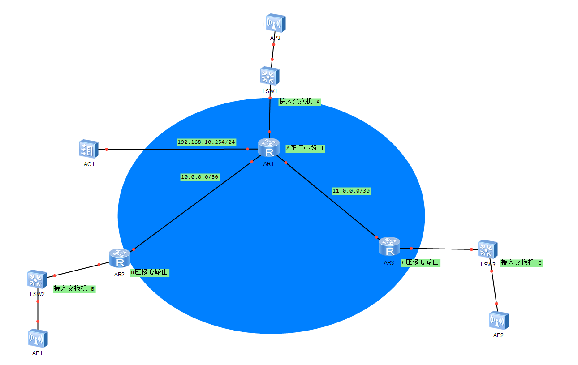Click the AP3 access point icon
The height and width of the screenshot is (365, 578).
tap(276, 23)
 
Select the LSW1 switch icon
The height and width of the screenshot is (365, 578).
tap(270, 76)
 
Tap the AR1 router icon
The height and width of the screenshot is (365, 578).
tap(269, 147)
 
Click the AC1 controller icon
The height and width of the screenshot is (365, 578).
tap(89, 149)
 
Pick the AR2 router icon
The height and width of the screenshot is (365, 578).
tap(120, 258)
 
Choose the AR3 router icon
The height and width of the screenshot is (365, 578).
tap(389, 246)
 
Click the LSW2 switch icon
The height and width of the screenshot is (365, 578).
tap(37, 279)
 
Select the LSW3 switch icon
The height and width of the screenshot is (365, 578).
tap(487, 249)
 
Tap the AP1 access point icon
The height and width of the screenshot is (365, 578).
tap(38, 339)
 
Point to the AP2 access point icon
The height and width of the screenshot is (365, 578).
tap(499, 321)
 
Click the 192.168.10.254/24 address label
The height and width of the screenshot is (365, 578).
tap(207, 142)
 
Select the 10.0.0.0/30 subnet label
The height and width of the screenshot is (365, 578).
tap(200, 177)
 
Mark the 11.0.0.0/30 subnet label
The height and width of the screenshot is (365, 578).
tap(351, 191)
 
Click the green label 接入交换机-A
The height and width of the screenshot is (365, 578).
tap(300, 102)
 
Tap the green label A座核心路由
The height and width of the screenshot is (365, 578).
tap(305, 148)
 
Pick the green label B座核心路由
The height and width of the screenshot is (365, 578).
tap(150, 272)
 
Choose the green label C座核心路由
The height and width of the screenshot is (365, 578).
tap(421, 262)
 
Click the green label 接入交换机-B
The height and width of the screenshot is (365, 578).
tap(74, 289)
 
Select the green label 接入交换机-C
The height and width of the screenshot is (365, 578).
tap(522, 263)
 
